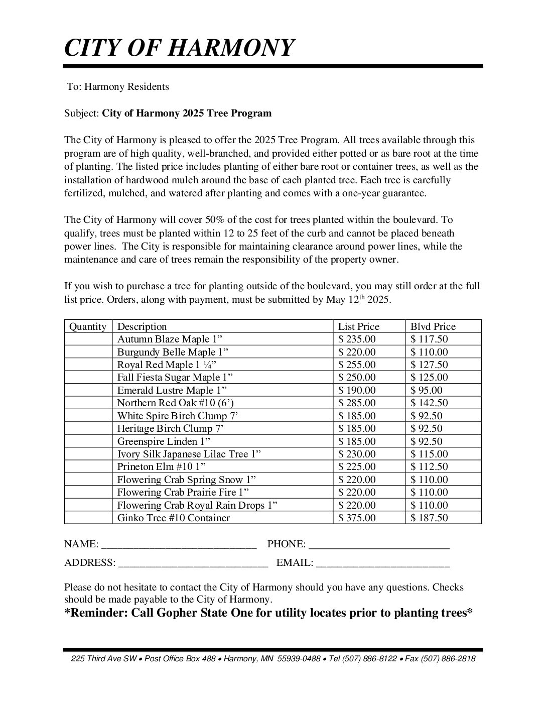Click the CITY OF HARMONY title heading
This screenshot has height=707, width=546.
179,48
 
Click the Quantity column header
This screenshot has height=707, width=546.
88,326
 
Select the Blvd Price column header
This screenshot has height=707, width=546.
433,326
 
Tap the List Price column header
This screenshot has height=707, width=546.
359,326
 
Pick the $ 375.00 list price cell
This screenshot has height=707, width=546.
357,518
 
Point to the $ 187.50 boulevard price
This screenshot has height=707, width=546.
429,518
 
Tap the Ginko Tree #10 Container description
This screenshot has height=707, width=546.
173,518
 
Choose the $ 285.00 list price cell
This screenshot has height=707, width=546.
357,403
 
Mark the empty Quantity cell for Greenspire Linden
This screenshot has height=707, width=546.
88,441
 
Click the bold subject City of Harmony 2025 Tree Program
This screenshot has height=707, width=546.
187,113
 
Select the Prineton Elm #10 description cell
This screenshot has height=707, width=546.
162,466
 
